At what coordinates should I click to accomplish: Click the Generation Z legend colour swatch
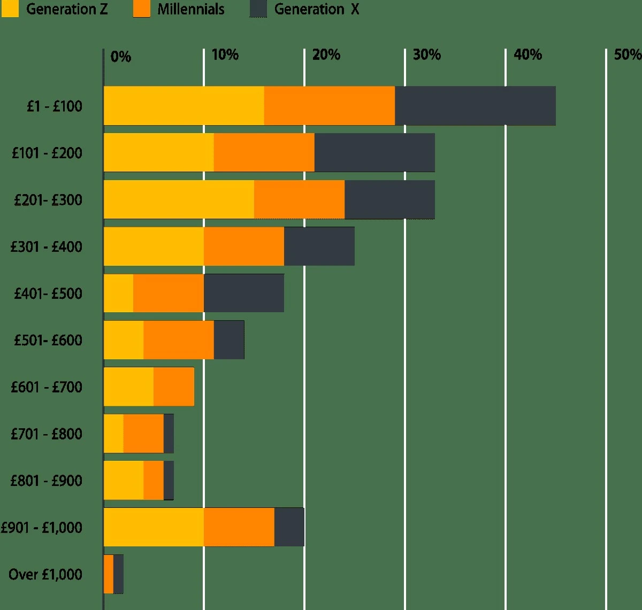pyautogui.click(x=10, y=9)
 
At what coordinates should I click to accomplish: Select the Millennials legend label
pyautogui.click(x=190, y=9)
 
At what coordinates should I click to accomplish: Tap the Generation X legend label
pyautogui.click(x=316, y=9)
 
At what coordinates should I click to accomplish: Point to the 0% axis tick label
pyautogui.click(x=120, y=57)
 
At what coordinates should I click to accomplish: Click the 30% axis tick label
pyautogui.click(x=426, y=55)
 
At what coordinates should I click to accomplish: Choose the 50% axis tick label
pyautogui.click(x=627, y=55)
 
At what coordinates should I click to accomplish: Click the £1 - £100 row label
pyautogui.click(x=55, y=106)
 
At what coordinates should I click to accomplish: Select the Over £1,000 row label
pyautogui.click(x=45, y=574)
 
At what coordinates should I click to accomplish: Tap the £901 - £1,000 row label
pyautogui.click(x=42, y=528)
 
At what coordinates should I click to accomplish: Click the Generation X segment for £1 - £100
pyautogui.click(x=475, y=106)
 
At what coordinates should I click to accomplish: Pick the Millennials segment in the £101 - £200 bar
pyautogui.click(x=264, y=152)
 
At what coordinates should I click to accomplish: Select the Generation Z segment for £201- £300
pyautogui.click(x=179, y=199)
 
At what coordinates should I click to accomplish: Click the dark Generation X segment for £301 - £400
pyautogui.click(x=319, y=246)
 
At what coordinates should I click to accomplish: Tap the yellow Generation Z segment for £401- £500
pyautogui.click(x=118, y=293)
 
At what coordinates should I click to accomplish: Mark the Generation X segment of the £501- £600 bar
pyautogui.click(x=229, y=340)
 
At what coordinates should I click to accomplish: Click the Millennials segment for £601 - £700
pyautogui.click(x=174, y=387)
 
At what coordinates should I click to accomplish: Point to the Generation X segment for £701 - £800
pyautogui.click(x=169, y=434)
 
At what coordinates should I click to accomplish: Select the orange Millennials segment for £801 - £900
pyautogui.click(x=154, y=480)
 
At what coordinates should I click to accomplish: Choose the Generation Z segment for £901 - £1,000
pyautogui.click(x=154, y=527)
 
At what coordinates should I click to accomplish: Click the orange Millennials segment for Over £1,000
pyautogui.click(x=109, y=574)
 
